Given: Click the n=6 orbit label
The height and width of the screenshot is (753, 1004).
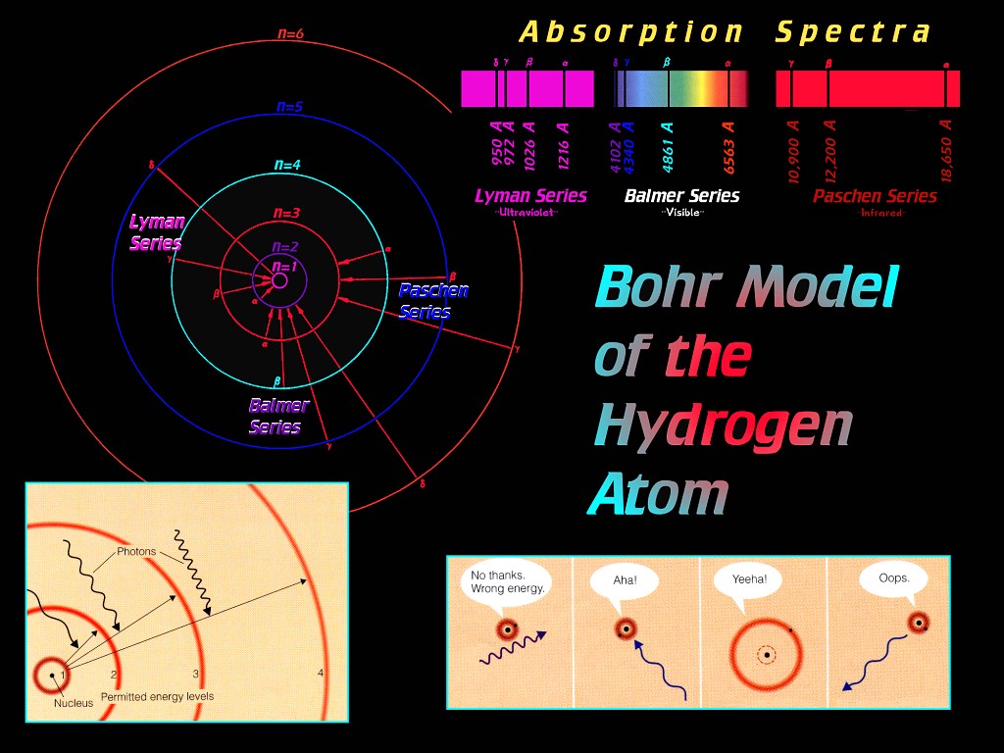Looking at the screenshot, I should click(290, 34).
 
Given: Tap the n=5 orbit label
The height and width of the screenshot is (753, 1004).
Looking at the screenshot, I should click(289, 107).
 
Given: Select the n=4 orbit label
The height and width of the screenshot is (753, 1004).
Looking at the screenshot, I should click(287, 165).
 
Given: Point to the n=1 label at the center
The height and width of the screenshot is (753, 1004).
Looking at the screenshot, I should click(282, 266).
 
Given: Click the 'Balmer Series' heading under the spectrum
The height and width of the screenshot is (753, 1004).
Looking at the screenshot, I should click(681, 196).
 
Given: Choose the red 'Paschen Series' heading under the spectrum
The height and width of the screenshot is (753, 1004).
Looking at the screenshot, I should click(875, 196).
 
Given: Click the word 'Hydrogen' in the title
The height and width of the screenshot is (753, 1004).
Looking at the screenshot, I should click(723, 427).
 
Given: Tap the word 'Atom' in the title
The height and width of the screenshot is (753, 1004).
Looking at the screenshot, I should click(658, 494).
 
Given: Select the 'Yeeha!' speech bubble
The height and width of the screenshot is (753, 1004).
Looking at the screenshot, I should click(749, 579).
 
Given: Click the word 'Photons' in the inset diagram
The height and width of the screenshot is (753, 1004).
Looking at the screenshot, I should click(136, 552).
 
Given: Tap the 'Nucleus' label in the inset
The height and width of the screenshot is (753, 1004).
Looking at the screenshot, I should click(75, 703).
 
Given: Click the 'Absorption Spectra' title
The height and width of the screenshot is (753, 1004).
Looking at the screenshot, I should click(726, 32).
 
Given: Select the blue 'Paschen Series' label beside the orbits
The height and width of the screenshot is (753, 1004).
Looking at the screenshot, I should click(432, 301).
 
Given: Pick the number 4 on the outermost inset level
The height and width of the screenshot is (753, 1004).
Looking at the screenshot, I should click(321, 673).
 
